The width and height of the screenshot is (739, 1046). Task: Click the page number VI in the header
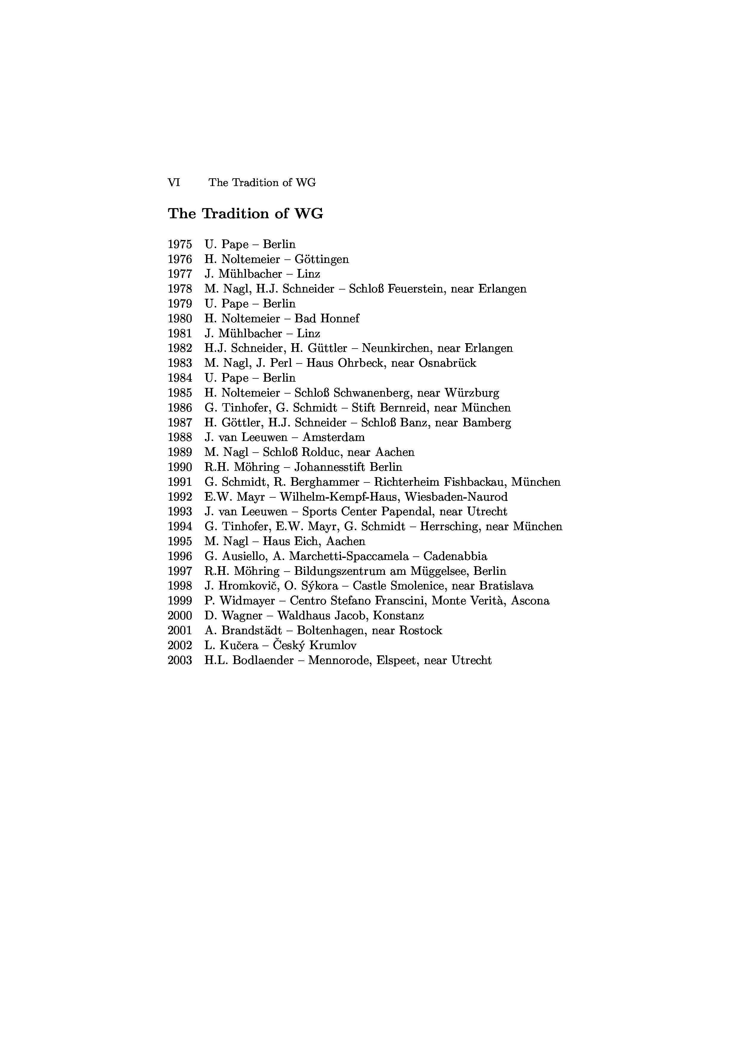[173, 183]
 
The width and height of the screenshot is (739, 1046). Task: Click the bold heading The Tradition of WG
[245, 214]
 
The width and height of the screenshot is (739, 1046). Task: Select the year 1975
[180, 245]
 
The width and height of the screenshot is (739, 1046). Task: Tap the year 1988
[180, 437]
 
